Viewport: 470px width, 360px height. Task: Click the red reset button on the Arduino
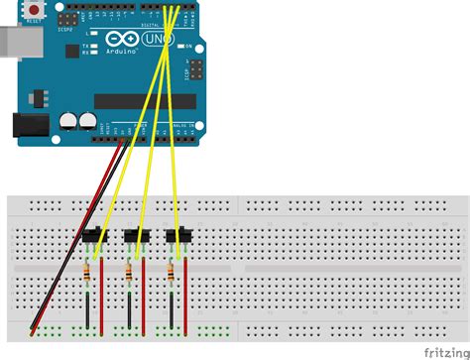point(35,9)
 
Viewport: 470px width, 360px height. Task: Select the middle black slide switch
point(134,235)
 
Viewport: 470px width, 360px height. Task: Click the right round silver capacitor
point(86,121)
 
